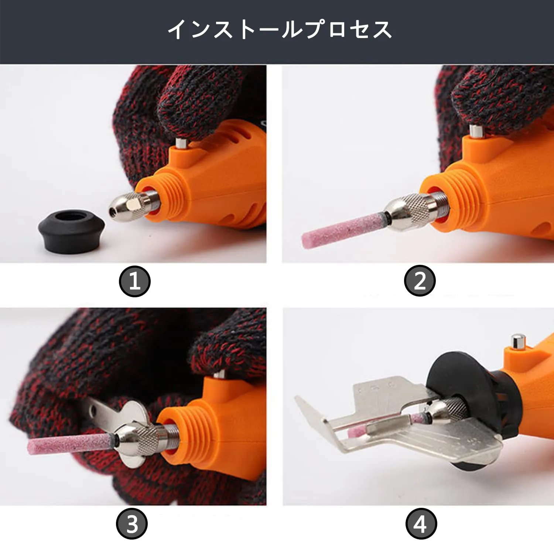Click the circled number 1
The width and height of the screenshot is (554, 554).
click(135, 281)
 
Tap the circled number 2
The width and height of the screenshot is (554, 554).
click(420, 281)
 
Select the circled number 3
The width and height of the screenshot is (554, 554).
click(132, 524)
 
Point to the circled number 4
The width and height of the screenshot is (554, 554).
click(421, 524)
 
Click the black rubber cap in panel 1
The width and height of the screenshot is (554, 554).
click(71, 231)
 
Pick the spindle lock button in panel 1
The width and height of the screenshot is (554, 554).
click(181, 143)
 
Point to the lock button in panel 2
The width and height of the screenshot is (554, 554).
click(476, 131)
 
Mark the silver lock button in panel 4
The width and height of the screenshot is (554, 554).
click(518, 341)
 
